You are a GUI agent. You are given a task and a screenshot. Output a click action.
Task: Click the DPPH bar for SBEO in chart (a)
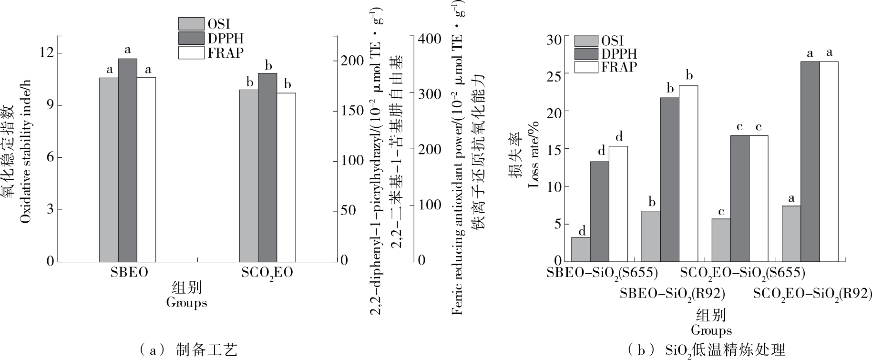[x=127, y=160]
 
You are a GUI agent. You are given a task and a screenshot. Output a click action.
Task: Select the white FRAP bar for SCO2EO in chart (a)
[x=286, y=177]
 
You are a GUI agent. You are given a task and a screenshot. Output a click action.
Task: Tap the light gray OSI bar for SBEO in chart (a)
[x=109, y=169]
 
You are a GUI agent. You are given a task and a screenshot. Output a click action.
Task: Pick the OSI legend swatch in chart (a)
[x=192, y=24]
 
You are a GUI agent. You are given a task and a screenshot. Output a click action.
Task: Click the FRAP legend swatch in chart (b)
[x=586, y=67]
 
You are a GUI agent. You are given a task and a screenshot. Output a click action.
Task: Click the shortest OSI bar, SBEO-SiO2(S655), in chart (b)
[x=581, y=249]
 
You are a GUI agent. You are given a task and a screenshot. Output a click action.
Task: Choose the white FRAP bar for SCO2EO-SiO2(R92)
[x=829, y=161]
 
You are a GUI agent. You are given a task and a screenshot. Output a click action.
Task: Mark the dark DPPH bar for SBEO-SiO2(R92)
[x=669, y=179]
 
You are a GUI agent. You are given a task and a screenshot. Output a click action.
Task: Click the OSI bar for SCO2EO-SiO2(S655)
[x=721, y=240]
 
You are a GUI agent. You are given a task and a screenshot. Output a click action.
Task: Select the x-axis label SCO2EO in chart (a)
[x=267, y=273]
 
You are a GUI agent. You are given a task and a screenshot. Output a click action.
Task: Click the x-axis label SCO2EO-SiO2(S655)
[x=742, y=273]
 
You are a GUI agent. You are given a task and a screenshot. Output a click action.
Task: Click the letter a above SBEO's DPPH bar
[x=127, y=49]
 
